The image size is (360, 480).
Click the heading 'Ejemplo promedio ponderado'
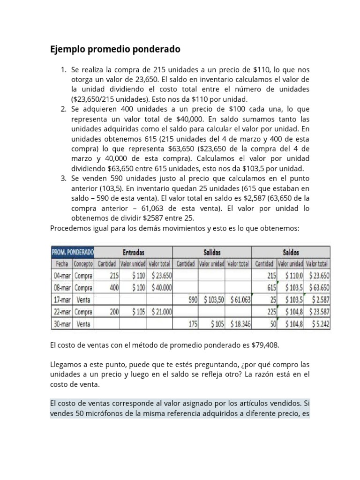(115, 49)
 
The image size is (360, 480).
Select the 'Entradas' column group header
(134, 252)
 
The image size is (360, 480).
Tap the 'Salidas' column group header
(212, 252)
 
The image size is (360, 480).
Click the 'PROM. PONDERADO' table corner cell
(73, 252)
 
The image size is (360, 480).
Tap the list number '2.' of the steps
(64, 109)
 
